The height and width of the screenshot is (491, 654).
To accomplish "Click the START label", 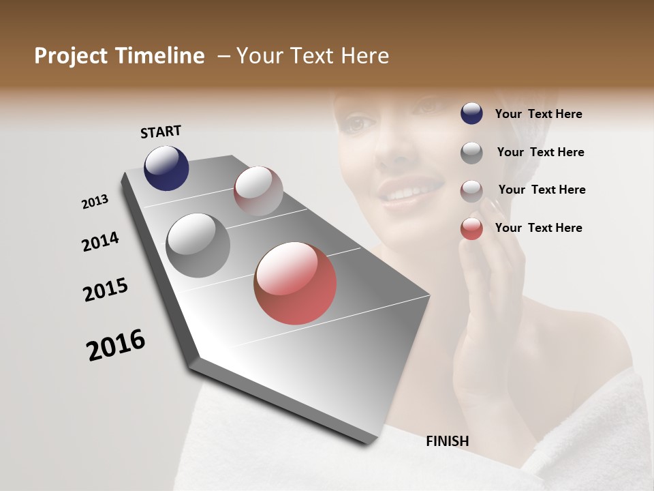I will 161,132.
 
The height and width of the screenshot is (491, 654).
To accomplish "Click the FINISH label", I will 448,441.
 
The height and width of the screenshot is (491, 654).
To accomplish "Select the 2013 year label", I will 95,202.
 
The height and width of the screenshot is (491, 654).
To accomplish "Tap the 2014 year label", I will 100,242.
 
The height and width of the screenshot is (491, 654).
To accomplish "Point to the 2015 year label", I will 106,290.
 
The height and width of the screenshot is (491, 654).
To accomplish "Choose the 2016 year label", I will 116,345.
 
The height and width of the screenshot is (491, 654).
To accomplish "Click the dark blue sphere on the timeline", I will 166,168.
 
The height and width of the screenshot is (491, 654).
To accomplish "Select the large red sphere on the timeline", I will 295,283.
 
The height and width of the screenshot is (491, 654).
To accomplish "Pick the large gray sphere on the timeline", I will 198,245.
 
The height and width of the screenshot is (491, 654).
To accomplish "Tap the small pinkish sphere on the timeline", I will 258,191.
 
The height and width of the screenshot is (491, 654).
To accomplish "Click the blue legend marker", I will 471,113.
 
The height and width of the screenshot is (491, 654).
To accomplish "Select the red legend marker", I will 471,228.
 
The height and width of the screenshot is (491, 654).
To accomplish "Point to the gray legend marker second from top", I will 471,152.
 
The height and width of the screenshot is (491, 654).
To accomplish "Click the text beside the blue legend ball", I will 538,114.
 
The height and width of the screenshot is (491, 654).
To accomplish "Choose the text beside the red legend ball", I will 538,228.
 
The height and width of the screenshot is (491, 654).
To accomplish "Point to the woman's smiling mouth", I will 407,190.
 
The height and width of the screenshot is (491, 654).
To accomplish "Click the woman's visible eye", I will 359,124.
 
